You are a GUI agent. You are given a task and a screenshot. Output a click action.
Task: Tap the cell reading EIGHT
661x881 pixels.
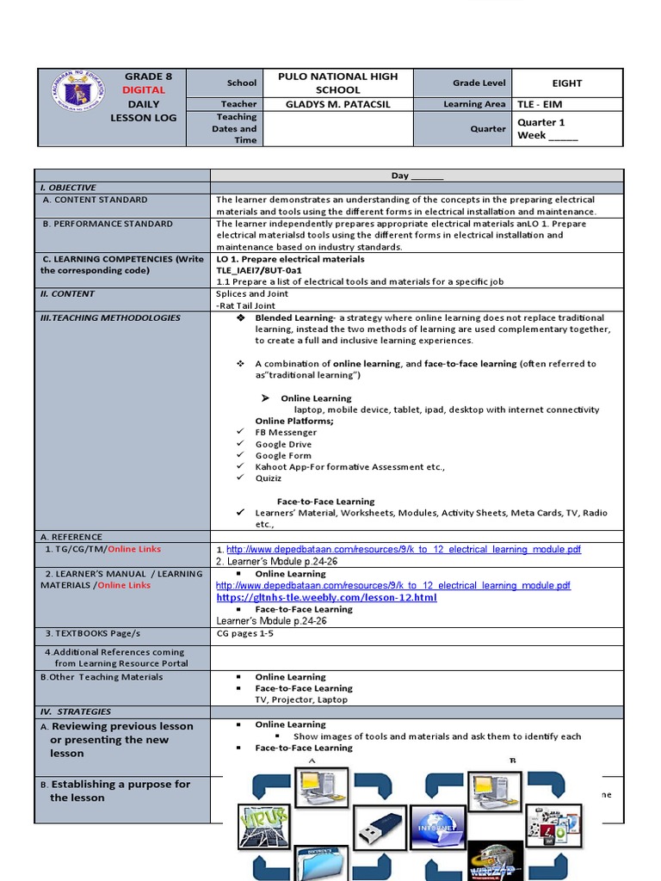tap(567, 83)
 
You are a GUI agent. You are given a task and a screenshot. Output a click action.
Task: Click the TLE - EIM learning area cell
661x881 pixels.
tap(540, 104)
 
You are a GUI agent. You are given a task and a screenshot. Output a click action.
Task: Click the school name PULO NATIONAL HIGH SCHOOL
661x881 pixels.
tap(337, 83)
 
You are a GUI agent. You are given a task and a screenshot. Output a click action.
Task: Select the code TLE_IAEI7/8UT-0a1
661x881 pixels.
tap(259, 270)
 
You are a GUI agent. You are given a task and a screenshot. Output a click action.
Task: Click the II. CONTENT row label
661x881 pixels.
tap(67, 294)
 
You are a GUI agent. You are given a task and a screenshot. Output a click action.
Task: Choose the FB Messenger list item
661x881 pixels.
tap(286, 433)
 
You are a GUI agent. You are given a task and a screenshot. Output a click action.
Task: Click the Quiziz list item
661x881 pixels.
tap(268, 478)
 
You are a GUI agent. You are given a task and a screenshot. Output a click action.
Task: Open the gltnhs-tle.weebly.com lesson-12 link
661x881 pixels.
tap(326, 597)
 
